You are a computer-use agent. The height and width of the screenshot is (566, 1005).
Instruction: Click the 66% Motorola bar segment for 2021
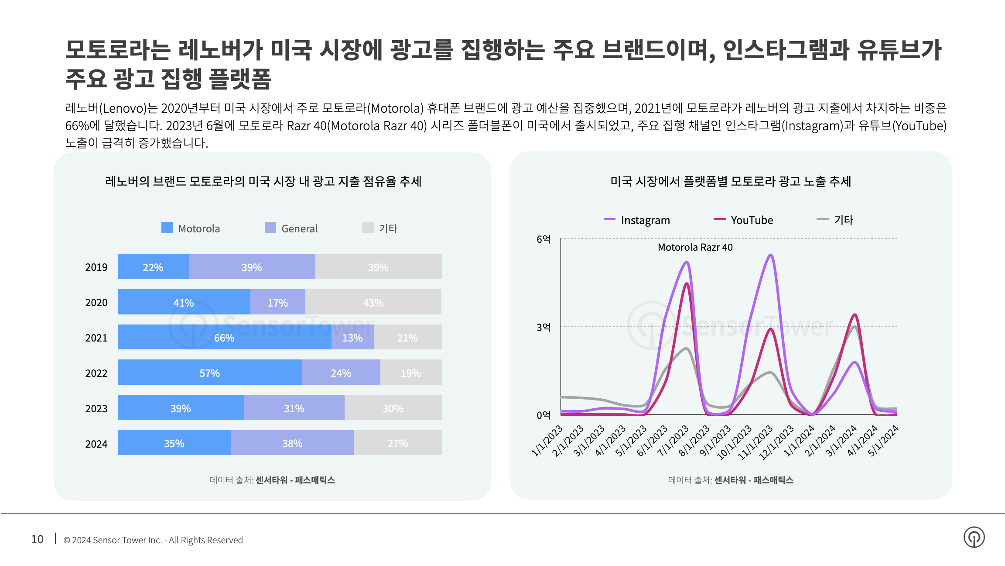click(x=224, y=337)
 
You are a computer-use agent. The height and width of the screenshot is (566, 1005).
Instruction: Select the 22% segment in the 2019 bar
click(x=153, y=267)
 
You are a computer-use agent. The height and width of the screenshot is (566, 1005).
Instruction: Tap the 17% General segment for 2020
click(x=277, y=302)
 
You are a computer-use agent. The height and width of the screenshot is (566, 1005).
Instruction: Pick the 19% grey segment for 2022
click(x=410, y=373)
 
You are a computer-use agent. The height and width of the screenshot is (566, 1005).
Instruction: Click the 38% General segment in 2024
click(x=292, y=443)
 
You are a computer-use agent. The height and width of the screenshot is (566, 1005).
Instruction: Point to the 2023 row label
click(x=96, y=408)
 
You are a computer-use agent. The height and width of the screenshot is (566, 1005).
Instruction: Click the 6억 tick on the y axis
click(x=544, y=239)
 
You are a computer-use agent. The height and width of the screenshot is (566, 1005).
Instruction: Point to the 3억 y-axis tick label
click(x=544, y=327)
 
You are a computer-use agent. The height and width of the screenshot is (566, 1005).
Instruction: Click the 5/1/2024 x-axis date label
click(x=884, y=441)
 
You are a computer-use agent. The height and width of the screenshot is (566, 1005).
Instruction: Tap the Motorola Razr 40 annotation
click(x=695, y=247)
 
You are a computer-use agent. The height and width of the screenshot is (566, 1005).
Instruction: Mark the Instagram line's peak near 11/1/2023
click(x=771, y=255)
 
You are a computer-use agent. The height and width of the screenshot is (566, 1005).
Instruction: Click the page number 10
click(x=37, y=539)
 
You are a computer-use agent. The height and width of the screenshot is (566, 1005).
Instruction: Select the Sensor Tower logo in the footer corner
click(x=974, y=537)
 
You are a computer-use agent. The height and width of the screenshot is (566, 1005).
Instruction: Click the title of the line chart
click(x=731, y=181)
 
